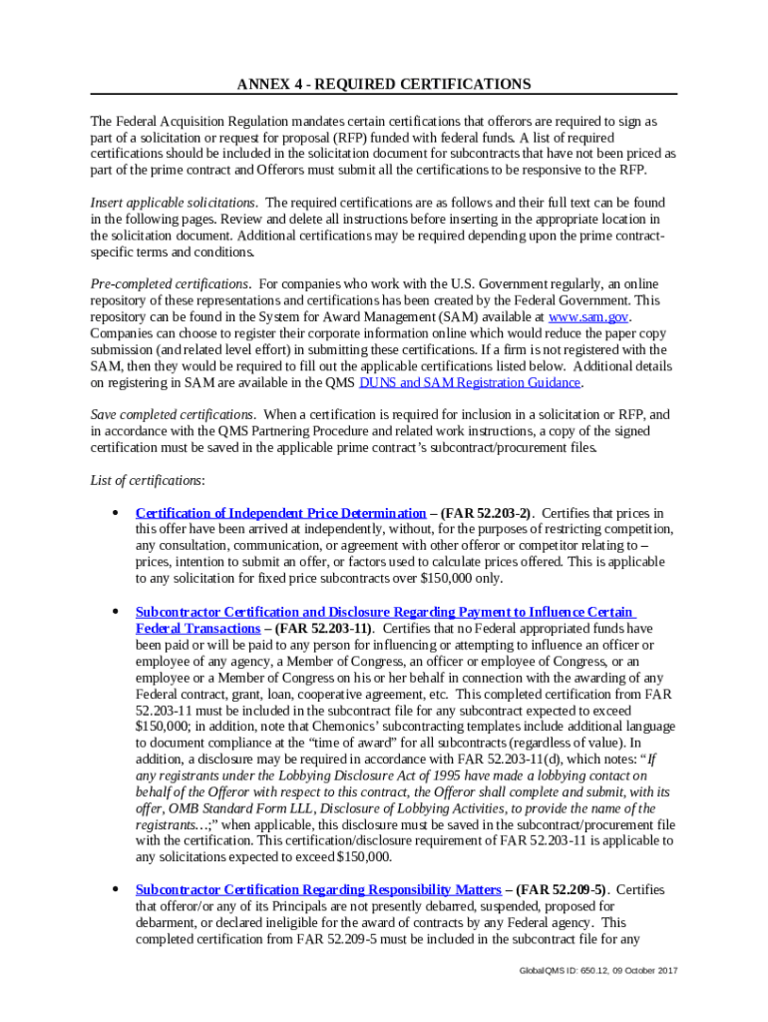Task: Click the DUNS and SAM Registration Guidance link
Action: click(x=470, y=382)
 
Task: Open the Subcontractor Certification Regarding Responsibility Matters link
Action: click(x=318, y=889)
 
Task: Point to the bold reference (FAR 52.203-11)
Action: click(x=322, y=629)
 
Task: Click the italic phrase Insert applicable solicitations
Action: click(x=174, y=203)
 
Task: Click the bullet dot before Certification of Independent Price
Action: click(x=117, y=513)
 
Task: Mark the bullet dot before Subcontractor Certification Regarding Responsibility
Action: click(x=117, y=889)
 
